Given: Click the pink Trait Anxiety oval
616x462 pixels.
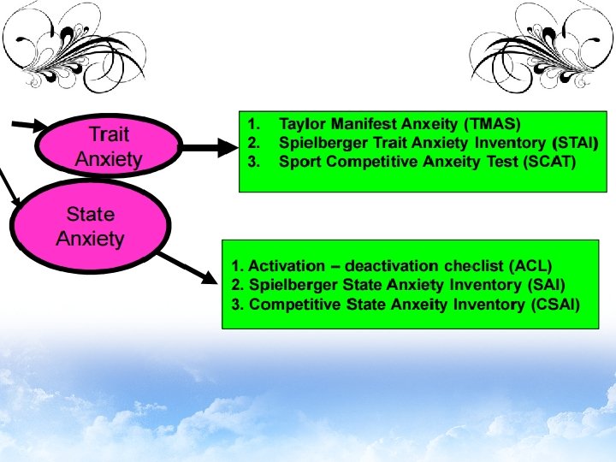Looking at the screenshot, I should click(x=109, y=146).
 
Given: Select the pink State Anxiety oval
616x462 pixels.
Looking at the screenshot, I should click(x=91, y=227).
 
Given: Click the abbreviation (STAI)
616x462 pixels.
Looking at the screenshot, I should click(x=576, y=142).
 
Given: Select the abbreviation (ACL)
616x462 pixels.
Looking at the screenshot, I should click(x=531, y=266).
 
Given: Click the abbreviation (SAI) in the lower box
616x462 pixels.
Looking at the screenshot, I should click(x=544, y=285).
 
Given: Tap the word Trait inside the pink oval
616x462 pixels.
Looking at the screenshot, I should click(x=109, y=134).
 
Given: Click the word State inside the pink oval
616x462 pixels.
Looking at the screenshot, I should click(x=91, y=215).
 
